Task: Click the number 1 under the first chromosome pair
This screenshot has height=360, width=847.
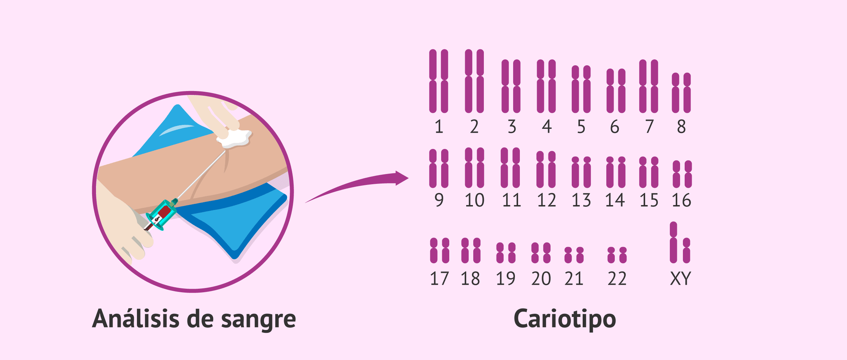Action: [x=439, y=127]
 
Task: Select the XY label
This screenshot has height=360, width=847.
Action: [x=680, y=278]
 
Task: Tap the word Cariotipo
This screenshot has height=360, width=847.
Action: [x=565, y=319]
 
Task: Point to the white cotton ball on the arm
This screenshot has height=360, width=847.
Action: [x=235, y=138]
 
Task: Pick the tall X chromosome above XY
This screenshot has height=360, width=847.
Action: [x=673, y=242]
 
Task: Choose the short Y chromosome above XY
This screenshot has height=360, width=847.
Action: [x=686, y=251]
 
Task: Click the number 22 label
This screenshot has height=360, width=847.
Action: [x=617, y=278]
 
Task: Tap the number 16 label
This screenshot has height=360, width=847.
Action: [x=681, y=200]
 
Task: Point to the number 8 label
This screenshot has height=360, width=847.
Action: [x=681, y=127]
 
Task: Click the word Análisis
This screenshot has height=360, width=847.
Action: [x=136, y=319]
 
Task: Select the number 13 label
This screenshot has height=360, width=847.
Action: [x=581, y=200]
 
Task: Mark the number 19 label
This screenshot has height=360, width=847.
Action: [x=506, y=278]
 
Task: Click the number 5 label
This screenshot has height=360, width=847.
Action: [x=581, y=127]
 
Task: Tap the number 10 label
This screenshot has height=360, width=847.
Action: [x=474, y=200]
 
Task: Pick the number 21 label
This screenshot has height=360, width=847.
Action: [x=574, y=278]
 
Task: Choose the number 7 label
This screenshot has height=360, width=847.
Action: [x=649, y=127]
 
